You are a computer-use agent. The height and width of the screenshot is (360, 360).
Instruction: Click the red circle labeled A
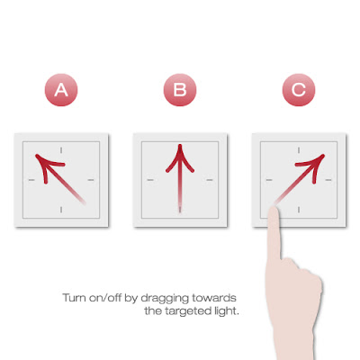coord(61,90)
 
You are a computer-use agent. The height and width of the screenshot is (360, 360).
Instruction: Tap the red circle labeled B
coord(180,90)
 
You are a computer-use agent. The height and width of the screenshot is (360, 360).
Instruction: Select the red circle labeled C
coord(299,90)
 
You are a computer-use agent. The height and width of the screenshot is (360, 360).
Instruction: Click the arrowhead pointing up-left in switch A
coord(45,164)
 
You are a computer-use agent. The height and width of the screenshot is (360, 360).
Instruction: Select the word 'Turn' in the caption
coord(75,298)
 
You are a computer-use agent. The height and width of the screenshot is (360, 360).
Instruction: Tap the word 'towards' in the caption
coord(214,298)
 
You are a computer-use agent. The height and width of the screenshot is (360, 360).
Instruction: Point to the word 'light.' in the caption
coord(227,310)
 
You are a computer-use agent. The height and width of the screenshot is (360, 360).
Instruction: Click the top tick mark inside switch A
coord(61,150)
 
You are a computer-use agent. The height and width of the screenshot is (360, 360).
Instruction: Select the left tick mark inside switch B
coord(150,180)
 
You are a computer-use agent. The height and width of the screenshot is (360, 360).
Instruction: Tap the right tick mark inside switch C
coord(328,180)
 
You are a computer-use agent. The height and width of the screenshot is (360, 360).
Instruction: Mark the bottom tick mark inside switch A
coord(61,210)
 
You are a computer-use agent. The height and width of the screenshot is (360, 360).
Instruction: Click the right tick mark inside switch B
coord(210,180)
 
